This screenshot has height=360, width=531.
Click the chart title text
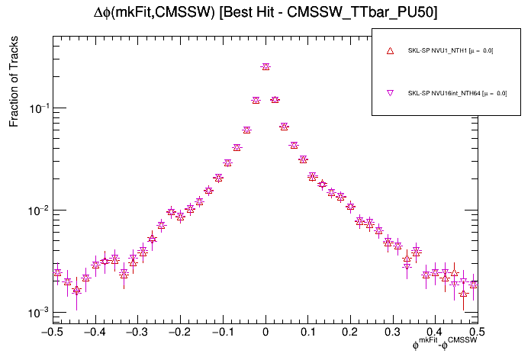coord(265,13)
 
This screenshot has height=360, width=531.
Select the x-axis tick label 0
coord(265,332)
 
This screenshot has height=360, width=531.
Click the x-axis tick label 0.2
coord(350,332)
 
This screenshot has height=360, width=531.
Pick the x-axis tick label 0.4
coord(435,332)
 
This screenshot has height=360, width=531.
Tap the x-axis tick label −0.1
coord(221,332)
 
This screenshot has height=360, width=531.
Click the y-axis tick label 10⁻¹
coord(38,108)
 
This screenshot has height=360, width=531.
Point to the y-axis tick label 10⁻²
coord(38,211)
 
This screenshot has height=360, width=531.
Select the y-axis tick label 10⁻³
coord(38,313)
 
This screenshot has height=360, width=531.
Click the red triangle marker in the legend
coord(390,51)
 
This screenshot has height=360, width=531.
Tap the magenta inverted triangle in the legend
coord(390,93)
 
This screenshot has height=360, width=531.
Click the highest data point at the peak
coord(265,67)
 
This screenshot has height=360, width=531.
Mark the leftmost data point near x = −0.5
coord(57,272)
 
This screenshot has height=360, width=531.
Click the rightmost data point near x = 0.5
coord(474,284)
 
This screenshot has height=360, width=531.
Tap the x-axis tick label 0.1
coord(307,332)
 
